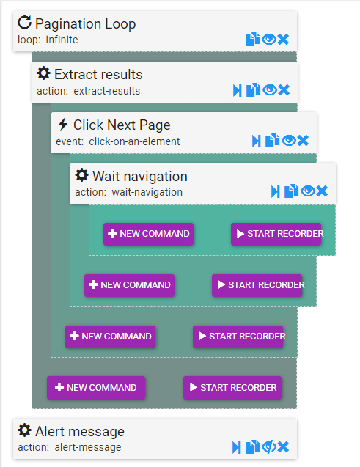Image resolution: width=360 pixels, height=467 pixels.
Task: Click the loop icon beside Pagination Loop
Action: coord(24,23)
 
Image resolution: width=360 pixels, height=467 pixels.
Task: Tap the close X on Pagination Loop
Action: coord(283,40)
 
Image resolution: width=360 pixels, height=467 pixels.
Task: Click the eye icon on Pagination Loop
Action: coord(269,39)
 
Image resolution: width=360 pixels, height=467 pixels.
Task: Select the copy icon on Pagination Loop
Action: coord(252,39)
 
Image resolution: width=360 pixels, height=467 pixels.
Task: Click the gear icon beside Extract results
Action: coord(43,73)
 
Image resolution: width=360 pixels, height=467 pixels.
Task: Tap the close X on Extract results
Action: coord(284,90)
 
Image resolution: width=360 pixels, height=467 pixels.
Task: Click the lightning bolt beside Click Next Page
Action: coord(62,124)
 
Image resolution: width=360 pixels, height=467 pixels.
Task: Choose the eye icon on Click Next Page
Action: coord(289,140)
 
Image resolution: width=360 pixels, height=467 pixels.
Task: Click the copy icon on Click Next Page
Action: coord(272,140)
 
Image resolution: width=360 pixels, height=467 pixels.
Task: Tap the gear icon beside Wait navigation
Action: coord(81,174)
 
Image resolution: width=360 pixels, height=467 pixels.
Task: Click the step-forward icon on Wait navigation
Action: coord(275,191)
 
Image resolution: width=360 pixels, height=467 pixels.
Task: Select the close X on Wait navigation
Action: coord(322,191)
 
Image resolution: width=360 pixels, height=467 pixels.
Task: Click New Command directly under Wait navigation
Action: coord(149,234)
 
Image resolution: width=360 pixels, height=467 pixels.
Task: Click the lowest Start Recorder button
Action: coord(232,388)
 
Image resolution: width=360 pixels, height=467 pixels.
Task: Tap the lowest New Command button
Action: coord(96,388)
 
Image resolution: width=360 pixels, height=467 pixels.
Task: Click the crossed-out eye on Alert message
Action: coord(269,447)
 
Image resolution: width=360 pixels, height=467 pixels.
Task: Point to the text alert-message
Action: coord(88,447)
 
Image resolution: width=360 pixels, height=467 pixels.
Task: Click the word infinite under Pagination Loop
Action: coord(62,40)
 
